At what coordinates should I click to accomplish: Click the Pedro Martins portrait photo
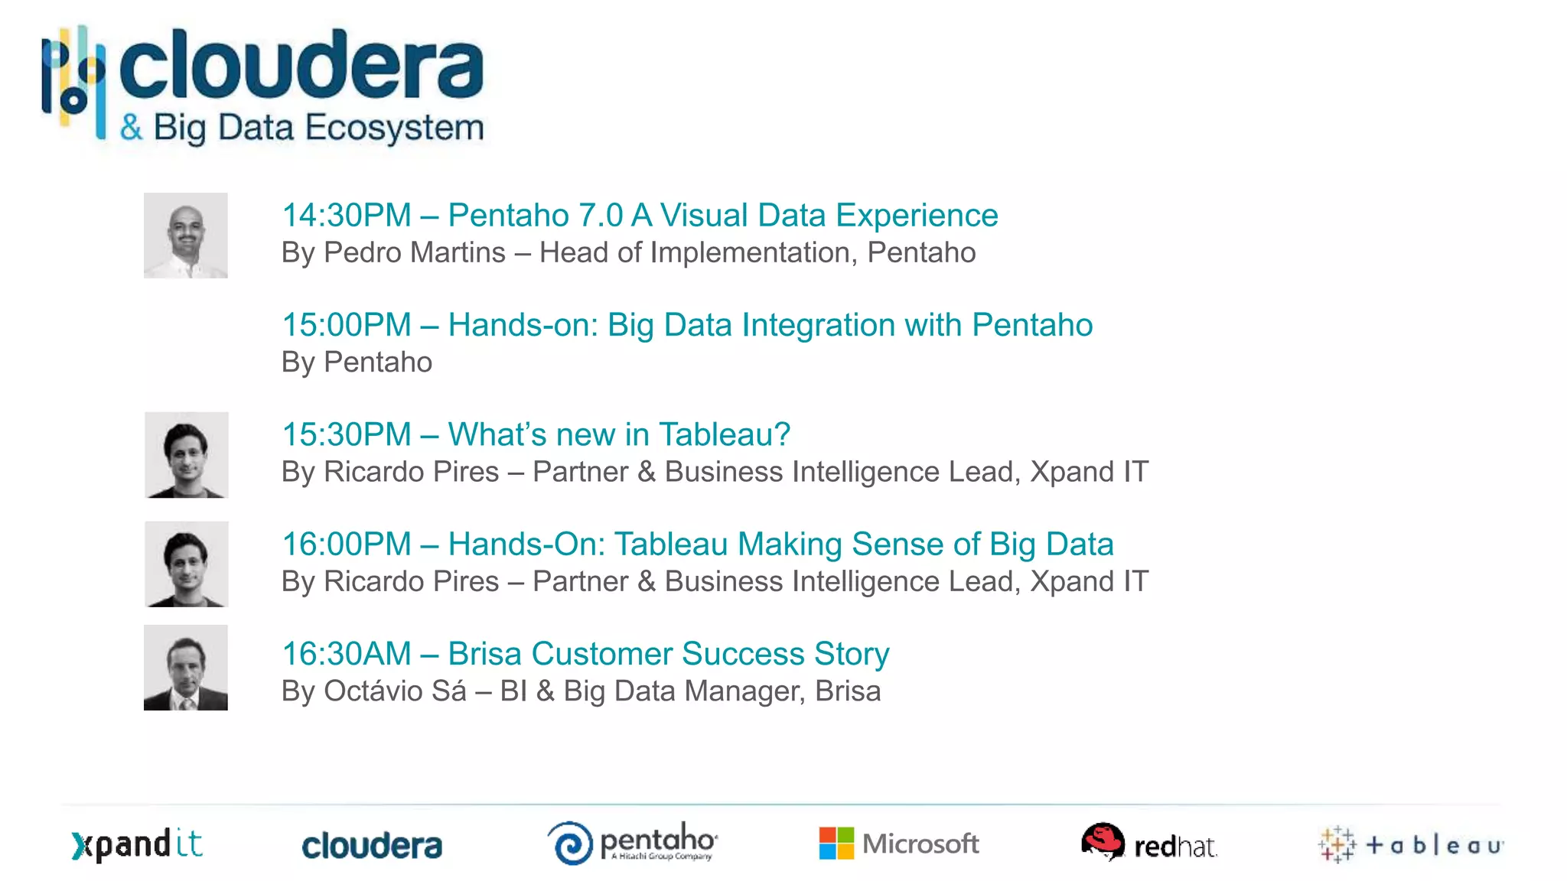[x=186, y=236]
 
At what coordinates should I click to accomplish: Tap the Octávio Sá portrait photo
[x=186, y=668]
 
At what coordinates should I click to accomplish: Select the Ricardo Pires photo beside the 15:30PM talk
[x=187, y=455]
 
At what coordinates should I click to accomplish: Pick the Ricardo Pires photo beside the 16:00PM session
[x=187, y=564]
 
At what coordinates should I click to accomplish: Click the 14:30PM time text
[x=347, y=216]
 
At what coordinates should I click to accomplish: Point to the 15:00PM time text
[x=347, y=325]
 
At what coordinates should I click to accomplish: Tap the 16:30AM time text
[x=347, y=654]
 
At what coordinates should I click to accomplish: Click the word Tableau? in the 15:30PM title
[x=724, y=434]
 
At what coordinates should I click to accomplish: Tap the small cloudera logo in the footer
[x=372, y=846]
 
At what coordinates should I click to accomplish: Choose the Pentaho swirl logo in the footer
[x=571, y=844]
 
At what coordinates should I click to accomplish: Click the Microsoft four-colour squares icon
[x=836, y=844]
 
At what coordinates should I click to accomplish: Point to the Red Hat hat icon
[x=1103, y=841]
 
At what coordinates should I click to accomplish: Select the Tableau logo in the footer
[x=1411, y=845]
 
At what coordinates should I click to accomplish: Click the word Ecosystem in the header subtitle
[x=395, y=128]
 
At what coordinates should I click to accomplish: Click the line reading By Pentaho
[x=357, y=362]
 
